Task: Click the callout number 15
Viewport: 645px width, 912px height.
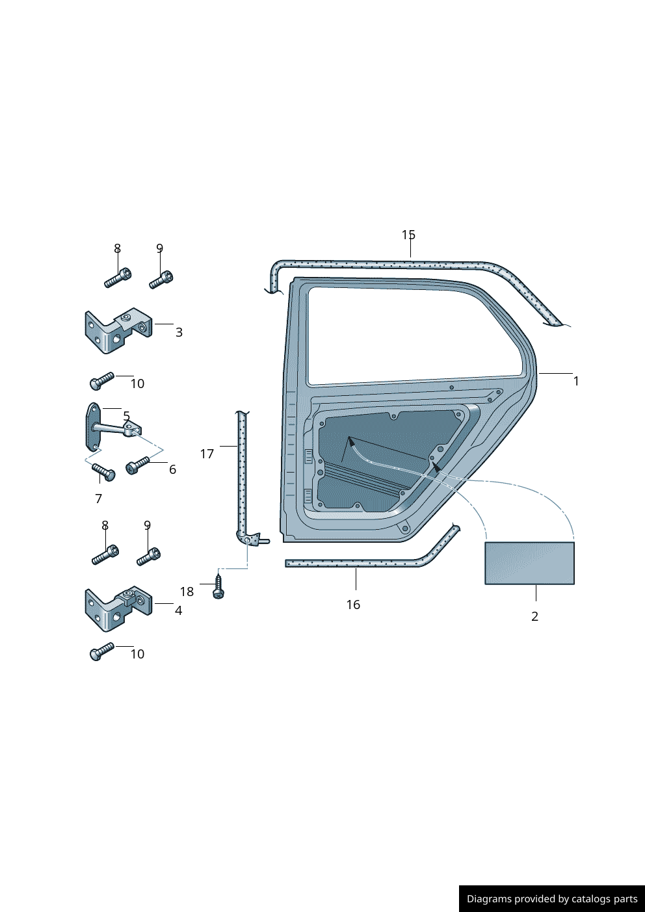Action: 408,235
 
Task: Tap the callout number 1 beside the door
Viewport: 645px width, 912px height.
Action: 576,381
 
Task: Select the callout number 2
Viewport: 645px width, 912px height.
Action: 534,616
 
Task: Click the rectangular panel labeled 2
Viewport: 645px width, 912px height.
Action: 529,563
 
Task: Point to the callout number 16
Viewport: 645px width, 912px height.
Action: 353,605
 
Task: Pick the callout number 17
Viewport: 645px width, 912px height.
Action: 207,454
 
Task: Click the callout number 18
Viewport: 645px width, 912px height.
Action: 187,592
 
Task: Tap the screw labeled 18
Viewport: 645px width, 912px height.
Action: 218,586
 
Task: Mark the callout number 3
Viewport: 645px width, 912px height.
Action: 179,332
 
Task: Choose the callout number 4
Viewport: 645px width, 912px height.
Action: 178,610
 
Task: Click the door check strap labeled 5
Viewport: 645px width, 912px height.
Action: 111,428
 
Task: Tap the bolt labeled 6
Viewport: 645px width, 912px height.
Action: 137,465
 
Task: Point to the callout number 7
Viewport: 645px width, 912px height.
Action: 98,499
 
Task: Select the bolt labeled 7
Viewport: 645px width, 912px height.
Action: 103,471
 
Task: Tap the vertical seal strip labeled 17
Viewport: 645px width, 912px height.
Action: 242,475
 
